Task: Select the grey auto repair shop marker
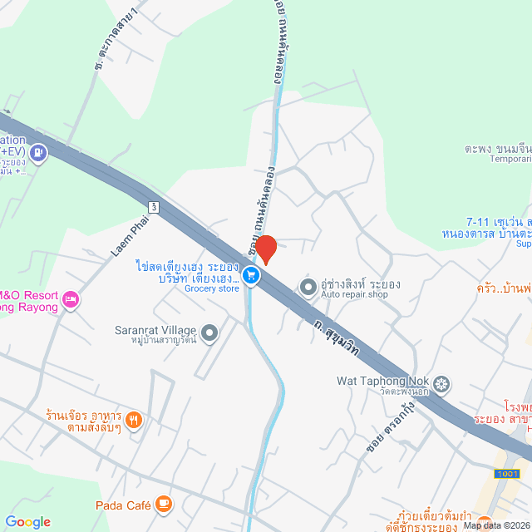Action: pos(308,288)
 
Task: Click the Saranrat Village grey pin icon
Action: pos(209,334)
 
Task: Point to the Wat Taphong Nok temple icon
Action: pos(442,383)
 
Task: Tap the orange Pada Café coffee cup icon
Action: pos(164,504)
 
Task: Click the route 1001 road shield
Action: pos(505,473)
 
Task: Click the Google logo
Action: pos(27,522)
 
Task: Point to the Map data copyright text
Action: pos(496,525)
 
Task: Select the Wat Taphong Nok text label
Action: pos(382,382)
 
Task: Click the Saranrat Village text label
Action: pos(155,329)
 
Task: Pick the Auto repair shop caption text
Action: pos(355,294)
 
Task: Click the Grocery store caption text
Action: pos(211,288)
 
